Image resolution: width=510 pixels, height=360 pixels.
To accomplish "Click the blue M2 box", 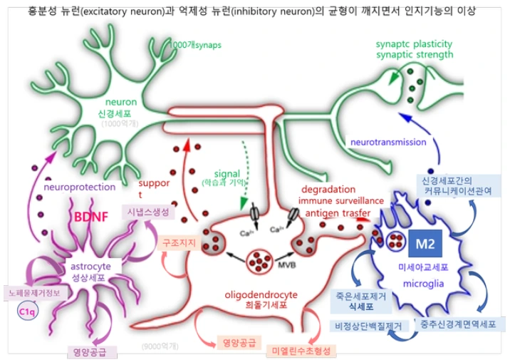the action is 425,245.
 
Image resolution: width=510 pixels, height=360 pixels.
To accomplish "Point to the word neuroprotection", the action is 79,187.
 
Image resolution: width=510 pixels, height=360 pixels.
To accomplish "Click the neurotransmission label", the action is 387,141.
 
